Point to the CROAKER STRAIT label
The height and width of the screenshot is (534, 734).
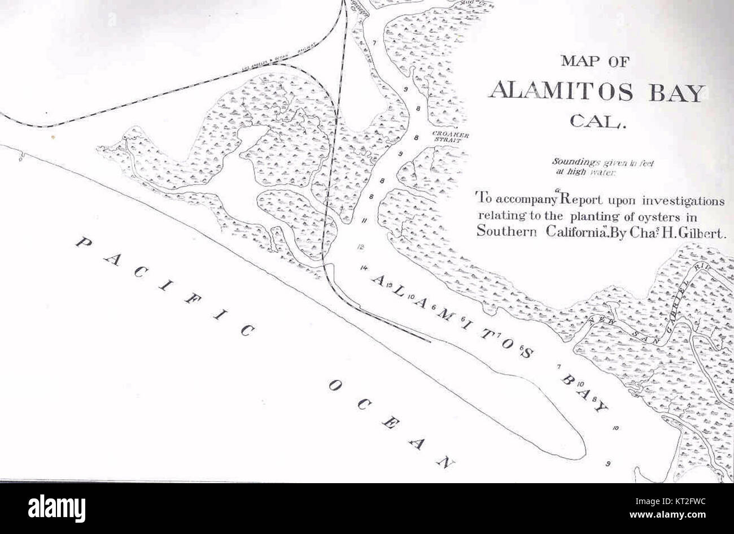point(447,137)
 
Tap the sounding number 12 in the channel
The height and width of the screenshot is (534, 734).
point(361,247)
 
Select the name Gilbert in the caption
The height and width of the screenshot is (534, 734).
point(700,232)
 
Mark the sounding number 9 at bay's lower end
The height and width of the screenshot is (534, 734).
point(609,464)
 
